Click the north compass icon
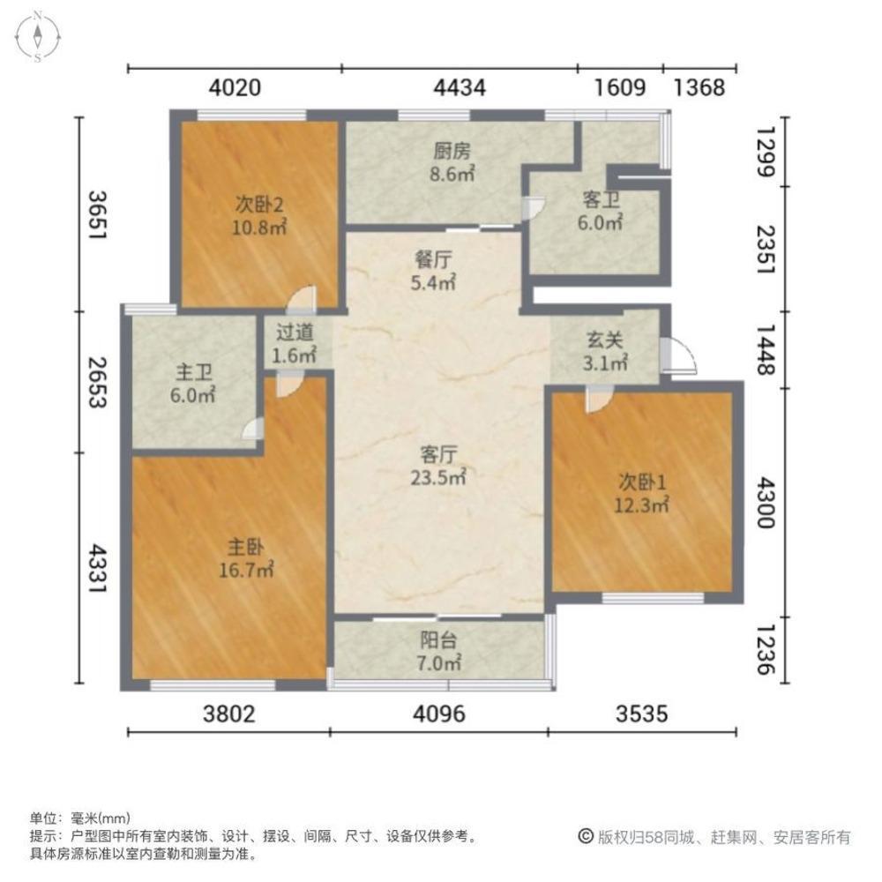(38, 36)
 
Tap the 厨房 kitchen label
(452, 151)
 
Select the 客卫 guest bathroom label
(601, 199)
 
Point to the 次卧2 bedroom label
(259, 205)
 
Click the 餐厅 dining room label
(433, 259)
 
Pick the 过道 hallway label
(295, 332)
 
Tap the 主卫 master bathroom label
(193, 372)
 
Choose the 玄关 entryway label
(605, 340)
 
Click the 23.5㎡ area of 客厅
(438, 477)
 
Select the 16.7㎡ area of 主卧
(246, 571)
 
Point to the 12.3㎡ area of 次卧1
(641, 505)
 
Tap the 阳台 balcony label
(438, 640)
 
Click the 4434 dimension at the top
(460, 87)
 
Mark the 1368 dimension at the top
(699, 87)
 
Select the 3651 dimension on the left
(97, 215)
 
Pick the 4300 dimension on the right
(766, 503)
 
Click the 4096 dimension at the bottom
(439, 714)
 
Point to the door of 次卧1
(600, 400)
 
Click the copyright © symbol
(586, 836)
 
